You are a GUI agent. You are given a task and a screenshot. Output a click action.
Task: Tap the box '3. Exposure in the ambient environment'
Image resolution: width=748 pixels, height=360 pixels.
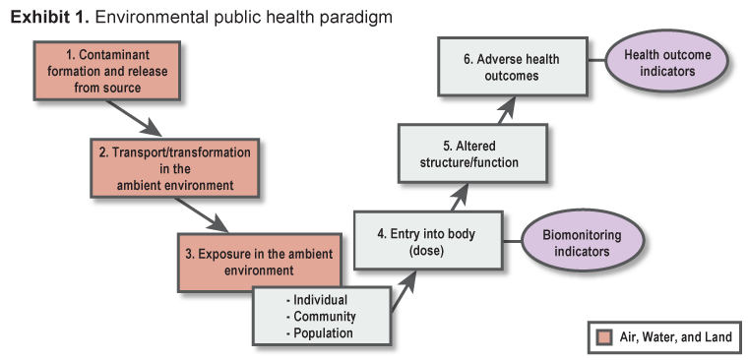pos(255,261)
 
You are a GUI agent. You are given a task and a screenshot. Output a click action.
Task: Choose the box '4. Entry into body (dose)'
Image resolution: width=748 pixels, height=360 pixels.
pos(428,241)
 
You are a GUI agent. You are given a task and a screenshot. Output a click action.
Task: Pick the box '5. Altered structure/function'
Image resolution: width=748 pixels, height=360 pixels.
pos(471,152)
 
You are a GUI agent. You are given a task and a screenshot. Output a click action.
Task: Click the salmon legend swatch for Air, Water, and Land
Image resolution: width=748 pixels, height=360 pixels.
pos(604,337)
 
